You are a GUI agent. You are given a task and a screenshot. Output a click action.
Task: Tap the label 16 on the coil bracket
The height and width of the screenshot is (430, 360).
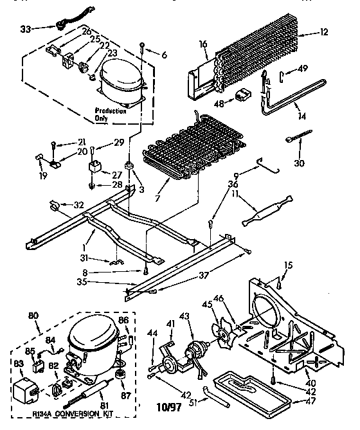203,44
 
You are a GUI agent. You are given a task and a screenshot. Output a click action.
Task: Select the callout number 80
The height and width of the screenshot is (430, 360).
35,315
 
